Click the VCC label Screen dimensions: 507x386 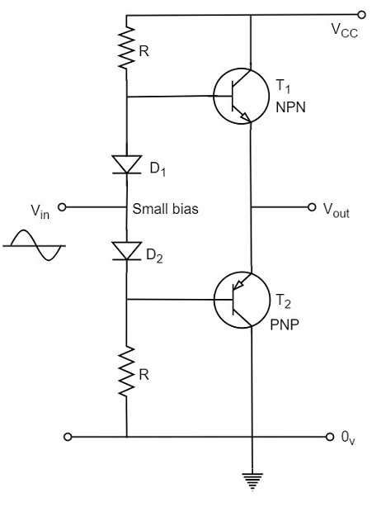(345, 30)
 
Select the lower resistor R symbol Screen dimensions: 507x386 (126, 372)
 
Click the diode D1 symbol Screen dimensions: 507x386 (126, 164)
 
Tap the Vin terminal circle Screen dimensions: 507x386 (61, 208)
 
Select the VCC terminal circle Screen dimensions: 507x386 (361, 14)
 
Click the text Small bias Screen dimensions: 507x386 (165, 209)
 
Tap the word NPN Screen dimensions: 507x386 (292, 107)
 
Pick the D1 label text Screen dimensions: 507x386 (158, 169)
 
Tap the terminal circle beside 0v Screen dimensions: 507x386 (327, 436)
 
